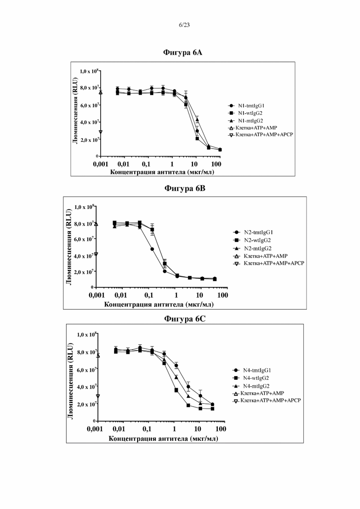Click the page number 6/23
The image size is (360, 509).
[x=184, y=25]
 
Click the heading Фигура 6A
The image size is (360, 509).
[x=182, y=53]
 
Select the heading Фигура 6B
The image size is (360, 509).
[x=185, y=189]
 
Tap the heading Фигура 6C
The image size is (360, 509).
[x=185, y=319]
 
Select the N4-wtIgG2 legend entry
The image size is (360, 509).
[x=251, y=378]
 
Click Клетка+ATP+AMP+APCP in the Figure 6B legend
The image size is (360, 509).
[x=269, y=263]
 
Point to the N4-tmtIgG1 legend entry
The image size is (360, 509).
[x=252, y=371]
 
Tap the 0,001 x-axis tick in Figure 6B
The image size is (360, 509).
[x=97, y=295]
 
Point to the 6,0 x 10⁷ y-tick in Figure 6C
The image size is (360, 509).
[x=86, y=370]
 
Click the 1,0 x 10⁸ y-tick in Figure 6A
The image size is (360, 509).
[x=89, y=71]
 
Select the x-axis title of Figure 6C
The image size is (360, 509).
[x=163, y=439]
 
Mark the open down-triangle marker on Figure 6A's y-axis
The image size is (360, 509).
[x=101, y=132]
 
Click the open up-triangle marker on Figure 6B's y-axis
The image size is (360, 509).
[x=96, y=224]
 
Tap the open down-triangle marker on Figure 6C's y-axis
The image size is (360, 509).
[x=98, y=396]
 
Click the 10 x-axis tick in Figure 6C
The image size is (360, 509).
[x=198, y=429]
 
